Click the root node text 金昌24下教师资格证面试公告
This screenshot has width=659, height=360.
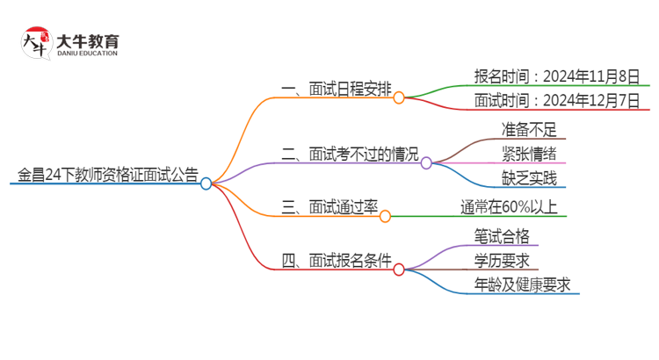pos(105,173)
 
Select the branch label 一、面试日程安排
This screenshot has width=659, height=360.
pos(336,88)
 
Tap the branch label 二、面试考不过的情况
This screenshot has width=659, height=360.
pos(351,153)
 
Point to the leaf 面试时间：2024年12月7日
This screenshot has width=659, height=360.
pos(555,99)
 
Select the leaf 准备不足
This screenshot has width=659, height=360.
pos(529,130)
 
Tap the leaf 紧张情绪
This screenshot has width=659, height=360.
pos(529,154)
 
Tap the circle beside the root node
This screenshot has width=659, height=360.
pos(206,184)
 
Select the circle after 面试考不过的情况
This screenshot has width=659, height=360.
pos(426,162)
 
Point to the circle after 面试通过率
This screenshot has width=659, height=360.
pos(385,216)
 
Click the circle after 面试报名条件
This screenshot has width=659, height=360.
pos(399,270)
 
